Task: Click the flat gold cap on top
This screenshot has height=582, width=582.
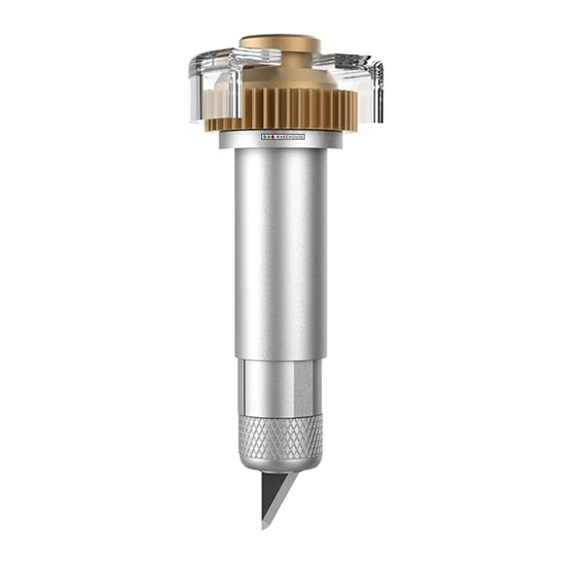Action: [x=280, y=42]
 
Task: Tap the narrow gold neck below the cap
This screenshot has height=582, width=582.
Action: [x=280, y=58]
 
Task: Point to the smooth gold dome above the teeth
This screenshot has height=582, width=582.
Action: [x=281, y=76]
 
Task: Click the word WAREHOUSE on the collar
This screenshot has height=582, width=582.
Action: [x=288, y=137]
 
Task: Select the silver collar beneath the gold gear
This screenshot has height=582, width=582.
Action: [x=280, y=142]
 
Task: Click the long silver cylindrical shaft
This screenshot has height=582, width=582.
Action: [x=280, y=252]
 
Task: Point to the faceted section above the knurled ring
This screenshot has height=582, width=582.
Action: [x=280, y=388]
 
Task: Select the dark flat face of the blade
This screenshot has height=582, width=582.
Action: [x=269, y=495]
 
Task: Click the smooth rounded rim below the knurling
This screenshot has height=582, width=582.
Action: [x=280, y=464]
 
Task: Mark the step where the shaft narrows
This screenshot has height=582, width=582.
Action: [x=280, y=360]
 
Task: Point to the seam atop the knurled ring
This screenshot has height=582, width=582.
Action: [x=280, y=416]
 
